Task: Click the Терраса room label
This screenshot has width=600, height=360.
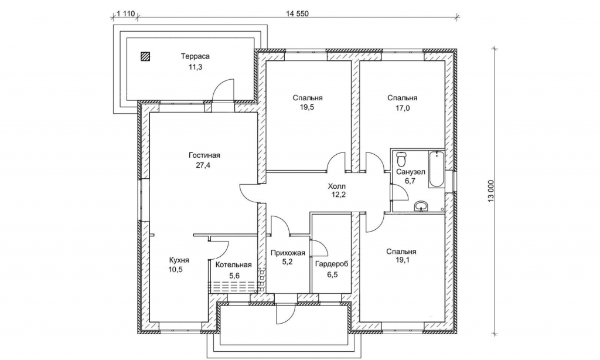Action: [x=195, y=57]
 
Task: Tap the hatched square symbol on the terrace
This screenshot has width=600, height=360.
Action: [x=145, y=57]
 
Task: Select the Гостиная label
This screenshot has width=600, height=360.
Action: [x=204, y=155]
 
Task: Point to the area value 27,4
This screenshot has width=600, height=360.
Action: [x=204, y=166]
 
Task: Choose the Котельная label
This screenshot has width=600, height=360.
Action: [x=233, y=265]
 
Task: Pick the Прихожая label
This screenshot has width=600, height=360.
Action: [x=288, y=253]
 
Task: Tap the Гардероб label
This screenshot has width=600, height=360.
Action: [x=331, y=264]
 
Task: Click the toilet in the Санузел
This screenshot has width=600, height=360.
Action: [x=401, y=158]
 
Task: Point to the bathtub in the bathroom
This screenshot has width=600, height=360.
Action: [x=435, y=170]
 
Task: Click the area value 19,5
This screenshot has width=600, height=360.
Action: [x=308, y=108]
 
